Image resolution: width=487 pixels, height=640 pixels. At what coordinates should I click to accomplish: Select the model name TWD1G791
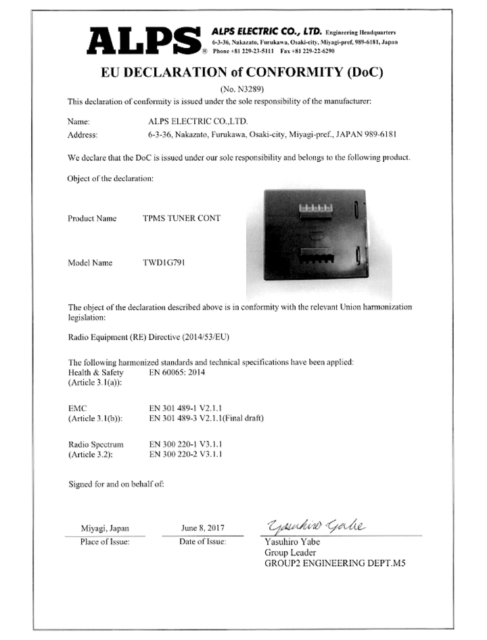pyautogui.click(x=164, y=263)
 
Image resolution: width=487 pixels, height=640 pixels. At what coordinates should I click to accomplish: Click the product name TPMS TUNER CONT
pyautogui.click(x=182, y=219)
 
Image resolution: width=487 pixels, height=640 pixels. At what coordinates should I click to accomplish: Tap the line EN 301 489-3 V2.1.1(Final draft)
pyautogui.click(x=206, y=419)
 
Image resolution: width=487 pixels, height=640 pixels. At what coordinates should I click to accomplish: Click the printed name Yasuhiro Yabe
pyautogui.click(x=287, y=542)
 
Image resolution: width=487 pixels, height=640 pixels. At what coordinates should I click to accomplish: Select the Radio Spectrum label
pyautogui.click(x=96, y=444)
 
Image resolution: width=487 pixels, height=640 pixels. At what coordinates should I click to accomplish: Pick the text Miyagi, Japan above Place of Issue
pyautogui.click(x=104, y=528)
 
